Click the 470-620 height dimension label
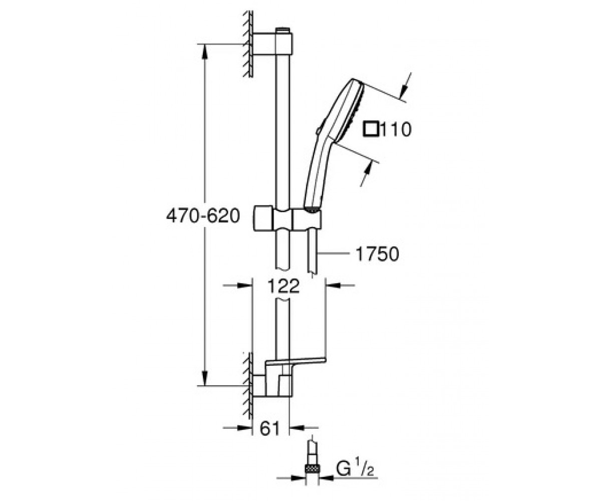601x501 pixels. pos(203,215)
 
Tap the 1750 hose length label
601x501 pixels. pos(377,254)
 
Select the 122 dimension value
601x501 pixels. pos(283,286)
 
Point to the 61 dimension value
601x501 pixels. pos(270,428)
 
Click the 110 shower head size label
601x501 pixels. pos(396,129)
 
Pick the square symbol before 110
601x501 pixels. pos(371,129)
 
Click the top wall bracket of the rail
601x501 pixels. pos(272,44)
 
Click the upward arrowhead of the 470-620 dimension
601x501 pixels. pos(205,51)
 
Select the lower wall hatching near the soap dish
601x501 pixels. pos(247,386)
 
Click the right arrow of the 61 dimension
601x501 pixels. pos(304,427)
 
